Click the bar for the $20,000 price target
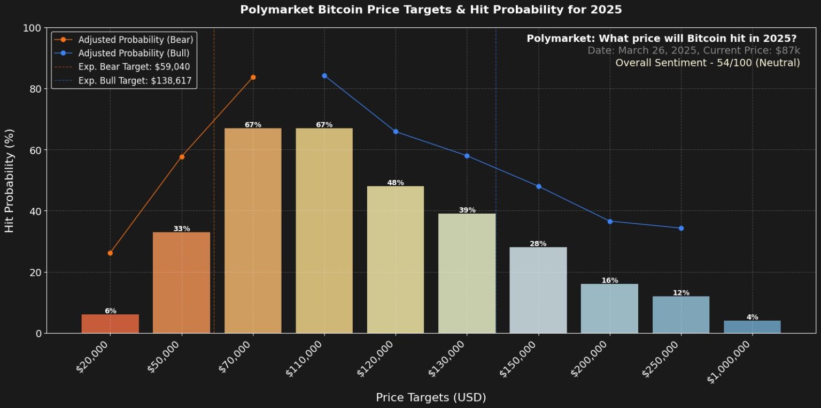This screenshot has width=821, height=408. [x=110, y=324]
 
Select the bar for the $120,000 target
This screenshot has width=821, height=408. [x=396, y=260]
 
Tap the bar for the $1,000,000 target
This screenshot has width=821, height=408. [x=752, y=327]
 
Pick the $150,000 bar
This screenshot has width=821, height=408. [x=538, y=290]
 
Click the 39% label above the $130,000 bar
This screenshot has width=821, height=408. [x=467, y=210]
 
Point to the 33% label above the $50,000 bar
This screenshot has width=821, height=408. [x=182, y=229]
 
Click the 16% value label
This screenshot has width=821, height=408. [x=610, y=281]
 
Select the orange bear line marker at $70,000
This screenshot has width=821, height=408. [x=253, y=77]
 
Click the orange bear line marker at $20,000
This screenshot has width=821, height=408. [x=110, y=253]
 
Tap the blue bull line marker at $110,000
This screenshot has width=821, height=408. [x=324, y=75]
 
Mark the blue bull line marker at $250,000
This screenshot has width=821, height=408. [x=681, y=228]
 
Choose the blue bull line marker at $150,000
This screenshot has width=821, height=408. [x=539, y=186]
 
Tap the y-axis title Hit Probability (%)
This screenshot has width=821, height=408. [x=9, y=180]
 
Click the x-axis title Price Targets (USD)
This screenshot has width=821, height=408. [x=431, y=397]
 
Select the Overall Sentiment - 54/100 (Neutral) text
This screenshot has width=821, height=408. [x=707, y=63]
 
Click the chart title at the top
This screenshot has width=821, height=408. [x=431, y=10]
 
